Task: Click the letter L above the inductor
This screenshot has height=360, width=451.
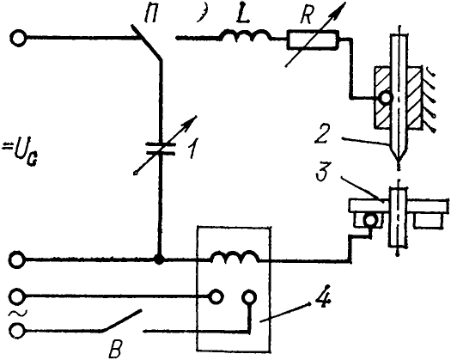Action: (242, 15)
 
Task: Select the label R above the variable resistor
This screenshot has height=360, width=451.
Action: (306, 15)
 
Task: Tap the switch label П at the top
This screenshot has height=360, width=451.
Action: (151, 15)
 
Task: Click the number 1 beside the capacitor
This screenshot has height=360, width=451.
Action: (192, 149)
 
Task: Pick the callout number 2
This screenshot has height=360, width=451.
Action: (321, 134)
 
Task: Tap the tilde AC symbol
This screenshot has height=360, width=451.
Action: (14, 314)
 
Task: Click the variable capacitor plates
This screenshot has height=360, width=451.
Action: (161, 149)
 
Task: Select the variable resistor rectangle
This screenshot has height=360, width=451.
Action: (313, 40)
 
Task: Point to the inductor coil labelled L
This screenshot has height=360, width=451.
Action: (245, 34)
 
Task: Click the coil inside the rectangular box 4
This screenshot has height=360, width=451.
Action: (235, 256)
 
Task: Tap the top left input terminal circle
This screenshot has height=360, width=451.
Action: (18, 38)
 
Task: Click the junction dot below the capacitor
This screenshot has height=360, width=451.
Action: (159, 259)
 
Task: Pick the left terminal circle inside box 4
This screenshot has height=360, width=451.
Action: (216, 296)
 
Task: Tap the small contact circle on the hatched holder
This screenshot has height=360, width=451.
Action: (385, 99)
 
